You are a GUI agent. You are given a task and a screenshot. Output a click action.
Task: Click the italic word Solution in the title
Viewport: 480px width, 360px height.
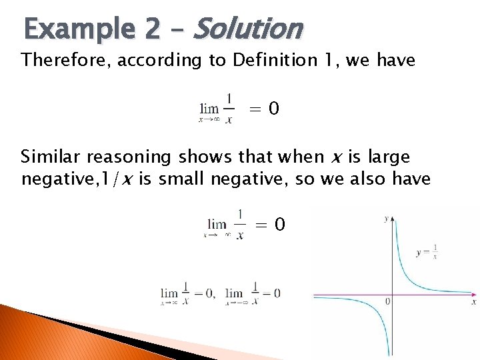coord(248,29)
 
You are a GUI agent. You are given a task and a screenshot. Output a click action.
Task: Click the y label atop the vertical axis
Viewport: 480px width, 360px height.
coord(387,218)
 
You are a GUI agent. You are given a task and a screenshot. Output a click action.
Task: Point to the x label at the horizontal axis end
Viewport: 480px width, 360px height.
coord(473,302)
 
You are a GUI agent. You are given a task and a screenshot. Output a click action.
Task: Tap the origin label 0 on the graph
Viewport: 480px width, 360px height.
coord(387,302)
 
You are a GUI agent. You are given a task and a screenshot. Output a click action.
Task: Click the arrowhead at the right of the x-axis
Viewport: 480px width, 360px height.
coord(473,293)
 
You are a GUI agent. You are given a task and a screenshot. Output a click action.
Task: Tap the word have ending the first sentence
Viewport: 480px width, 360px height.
coord(395,61)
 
